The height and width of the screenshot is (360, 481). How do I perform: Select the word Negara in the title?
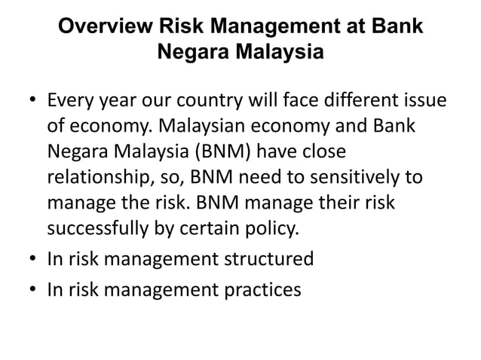tap(195, 53)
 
